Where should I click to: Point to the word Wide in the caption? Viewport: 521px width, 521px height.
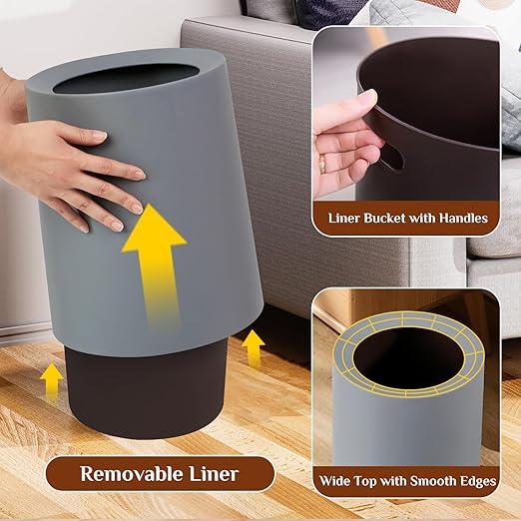335,481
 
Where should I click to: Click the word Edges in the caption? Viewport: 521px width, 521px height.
475,481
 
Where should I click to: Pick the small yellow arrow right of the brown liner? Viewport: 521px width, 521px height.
254,346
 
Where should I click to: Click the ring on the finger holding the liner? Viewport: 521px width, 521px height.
321,162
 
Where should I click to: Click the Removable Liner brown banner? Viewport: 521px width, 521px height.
160,474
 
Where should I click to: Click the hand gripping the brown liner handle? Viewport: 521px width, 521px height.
344,140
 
